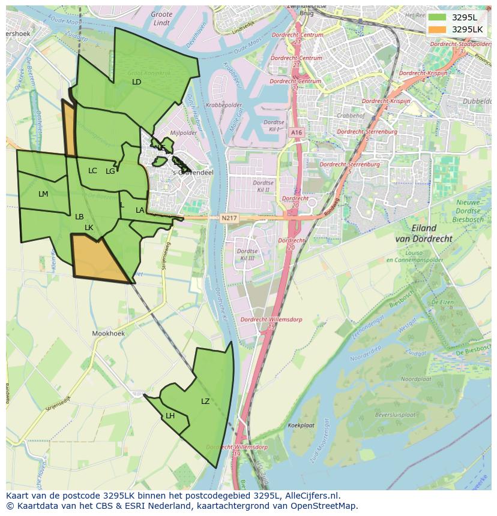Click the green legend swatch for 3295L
click(438, 17)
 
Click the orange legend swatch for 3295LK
click(438, 29)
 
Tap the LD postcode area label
click(136, 82)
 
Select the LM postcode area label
click(43, 194)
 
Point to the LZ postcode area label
click(205, 401)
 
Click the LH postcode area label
click(170, 415)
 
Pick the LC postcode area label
click(92, 171)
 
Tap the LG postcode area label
click(110, 171)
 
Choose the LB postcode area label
click(79, 216)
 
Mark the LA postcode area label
click(140, 210)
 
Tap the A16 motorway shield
click(296, 132)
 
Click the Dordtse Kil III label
click(246, 255)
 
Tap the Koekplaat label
click(301, 425)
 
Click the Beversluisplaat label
click(395, 415)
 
